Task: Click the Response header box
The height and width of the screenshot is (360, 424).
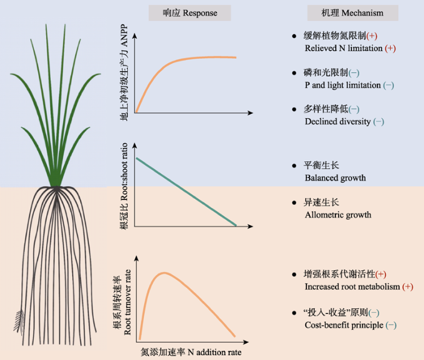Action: pyautogui.click(x=182, y=13)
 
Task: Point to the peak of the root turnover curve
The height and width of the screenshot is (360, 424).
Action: pyautogui.click(x=164, y=273)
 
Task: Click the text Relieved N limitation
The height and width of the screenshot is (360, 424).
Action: pyautogui.click(x=344, y=48)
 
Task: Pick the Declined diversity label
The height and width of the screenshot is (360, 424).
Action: pyautogui.click(x=338, y=121)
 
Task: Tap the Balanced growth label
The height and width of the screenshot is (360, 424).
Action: pyautogui.click(x=335, y=178)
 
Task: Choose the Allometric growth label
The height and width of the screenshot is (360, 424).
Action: pyautogui.click(x=338, y=215)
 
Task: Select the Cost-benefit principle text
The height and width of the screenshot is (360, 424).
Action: pyautogui.click(x=343, y=325)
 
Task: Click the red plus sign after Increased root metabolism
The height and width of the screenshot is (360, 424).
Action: pyautogui.click(x=408, y=286)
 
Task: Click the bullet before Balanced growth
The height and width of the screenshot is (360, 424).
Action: pyautogui.click(x=294, y=165)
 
